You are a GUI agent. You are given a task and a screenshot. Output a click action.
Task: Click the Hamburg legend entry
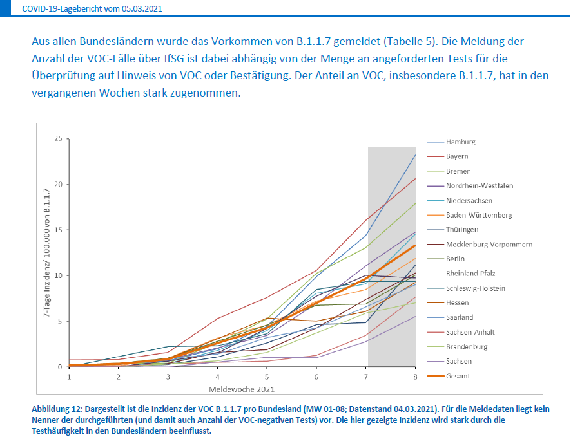[x=460, y=142]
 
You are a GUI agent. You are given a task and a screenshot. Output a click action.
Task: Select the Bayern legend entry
[x=457, y=156]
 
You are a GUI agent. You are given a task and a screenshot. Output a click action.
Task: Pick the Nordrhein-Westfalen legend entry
[x=479, y=186]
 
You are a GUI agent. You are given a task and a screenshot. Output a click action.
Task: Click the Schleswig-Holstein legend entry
[x=476, y=288]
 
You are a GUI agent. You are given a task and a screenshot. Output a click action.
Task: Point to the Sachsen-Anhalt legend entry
[x=470, y=332]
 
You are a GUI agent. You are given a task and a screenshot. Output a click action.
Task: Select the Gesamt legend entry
[x=458, y=376]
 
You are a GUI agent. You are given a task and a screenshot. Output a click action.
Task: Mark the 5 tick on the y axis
[x=60, y=322]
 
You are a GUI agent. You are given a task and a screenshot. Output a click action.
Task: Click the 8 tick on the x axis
[x=415, y=377]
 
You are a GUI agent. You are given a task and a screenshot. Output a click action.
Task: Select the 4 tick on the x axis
[x=217, y=377]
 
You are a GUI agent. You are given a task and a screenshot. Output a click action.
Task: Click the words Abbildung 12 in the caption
[x=57, y=409]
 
